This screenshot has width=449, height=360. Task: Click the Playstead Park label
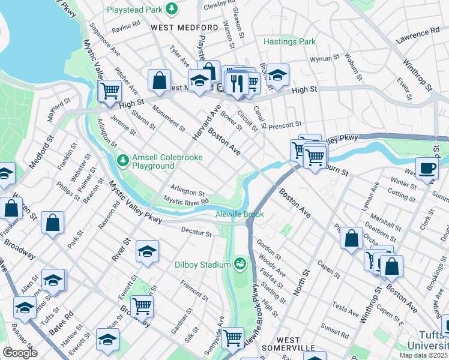pyautogui.click(x=135, y=10)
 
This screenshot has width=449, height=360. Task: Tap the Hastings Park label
pyautogui.click(x=290, y=42)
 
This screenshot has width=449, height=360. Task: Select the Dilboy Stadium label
pyautogui.click(x=203, y=265)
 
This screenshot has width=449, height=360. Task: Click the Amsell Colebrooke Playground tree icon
pyautogui.click(x=123, y=160)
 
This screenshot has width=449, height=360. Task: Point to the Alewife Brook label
pyautogui.click(x=240, y=214)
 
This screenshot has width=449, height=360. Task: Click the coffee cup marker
pyautogui.click(x=427, y=168)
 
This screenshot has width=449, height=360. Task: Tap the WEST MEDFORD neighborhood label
pyautogui.click(x=184, y=28)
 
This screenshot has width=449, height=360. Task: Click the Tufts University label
pyautogui.click(x=429, y=340)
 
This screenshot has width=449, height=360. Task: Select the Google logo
pyautogui.click(x=20, y=352)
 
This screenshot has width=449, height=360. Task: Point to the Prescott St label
pyautogui.click(x=285, y=125)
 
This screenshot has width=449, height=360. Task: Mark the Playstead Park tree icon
pyautogui.click(x=172, y=8)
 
